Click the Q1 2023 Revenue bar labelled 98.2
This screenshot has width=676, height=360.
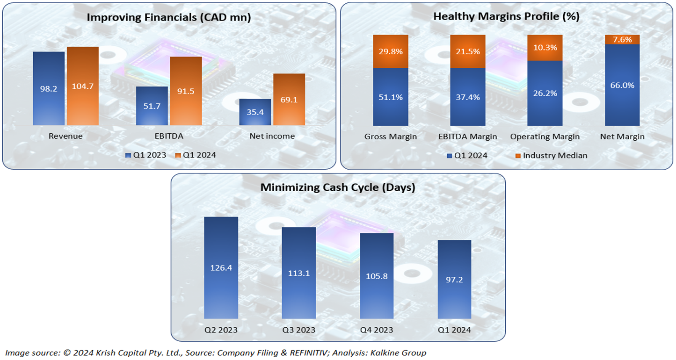(49, 88)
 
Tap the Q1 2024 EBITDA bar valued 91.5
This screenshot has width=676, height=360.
(186, 91)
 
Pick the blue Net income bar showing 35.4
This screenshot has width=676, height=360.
(255, 112)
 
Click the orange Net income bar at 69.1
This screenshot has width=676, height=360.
(289, 100)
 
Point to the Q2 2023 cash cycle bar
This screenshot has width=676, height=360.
(221, 268)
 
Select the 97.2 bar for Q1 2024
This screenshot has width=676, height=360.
(454, 280)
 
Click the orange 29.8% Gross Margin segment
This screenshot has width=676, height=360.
(391, 51)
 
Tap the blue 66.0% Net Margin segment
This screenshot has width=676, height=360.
(622, 85)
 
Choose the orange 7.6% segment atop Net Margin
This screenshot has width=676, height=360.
(622, 40)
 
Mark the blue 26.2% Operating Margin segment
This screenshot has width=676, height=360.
(545, 93)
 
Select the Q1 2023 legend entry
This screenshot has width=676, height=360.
(146, 155)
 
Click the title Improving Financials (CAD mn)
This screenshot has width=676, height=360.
(169, 18)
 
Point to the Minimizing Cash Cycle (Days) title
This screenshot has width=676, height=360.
(338, 188)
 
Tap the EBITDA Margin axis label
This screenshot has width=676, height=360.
(467, 137)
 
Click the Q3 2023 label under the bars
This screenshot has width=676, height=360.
(298, 330)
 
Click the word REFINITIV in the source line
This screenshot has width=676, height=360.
(319, 353)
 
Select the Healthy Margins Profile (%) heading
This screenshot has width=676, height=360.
(506, 17)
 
